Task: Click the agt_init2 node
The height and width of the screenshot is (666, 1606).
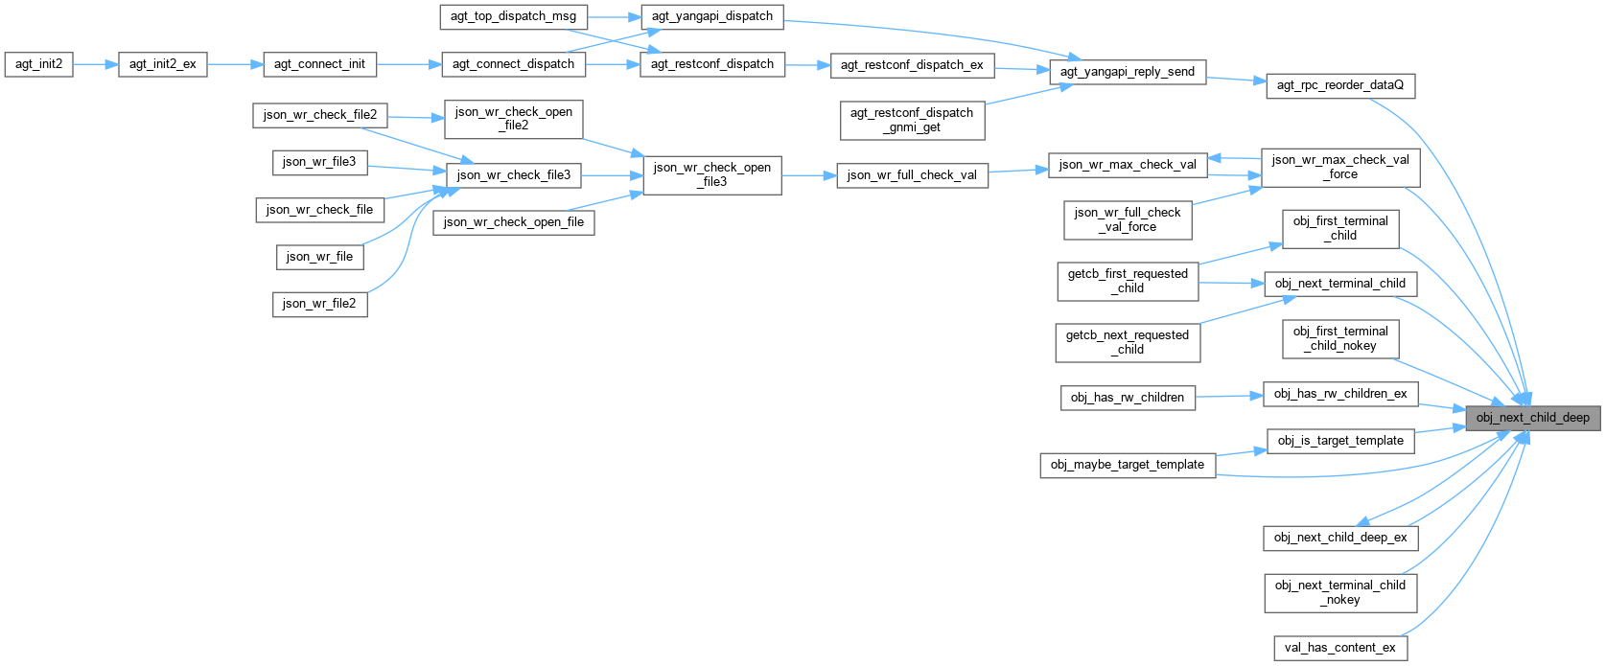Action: (38, 64)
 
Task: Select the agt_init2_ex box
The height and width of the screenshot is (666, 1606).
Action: (162, 64)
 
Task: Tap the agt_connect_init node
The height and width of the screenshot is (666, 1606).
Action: (319, 64)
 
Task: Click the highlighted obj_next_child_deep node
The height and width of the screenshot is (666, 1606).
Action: (1532, 418)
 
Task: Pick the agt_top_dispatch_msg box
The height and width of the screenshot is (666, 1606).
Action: (513, 16)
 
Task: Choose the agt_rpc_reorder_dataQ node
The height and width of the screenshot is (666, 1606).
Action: (1339, 85)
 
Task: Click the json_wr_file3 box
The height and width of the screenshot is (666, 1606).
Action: (319, 162)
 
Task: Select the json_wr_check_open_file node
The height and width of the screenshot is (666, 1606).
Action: (514, 222)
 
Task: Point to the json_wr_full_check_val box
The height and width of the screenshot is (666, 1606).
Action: (912, 175)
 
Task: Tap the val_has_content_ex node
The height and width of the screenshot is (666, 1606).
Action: (1339, 648)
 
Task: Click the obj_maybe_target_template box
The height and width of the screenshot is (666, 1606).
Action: (1127, 465)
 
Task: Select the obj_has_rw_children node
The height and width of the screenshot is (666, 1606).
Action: (1128, 398)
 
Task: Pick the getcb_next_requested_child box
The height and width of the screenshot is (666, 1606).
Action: (1127, 342)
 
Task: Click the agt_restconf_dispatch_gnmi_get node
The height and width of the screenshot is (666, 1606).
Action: (911, 120)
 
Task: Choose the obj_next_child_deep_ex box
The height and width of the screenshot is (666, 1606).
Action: (1339, 538)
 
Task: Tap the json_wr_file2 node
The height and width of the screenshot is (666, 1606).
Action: (319, 304)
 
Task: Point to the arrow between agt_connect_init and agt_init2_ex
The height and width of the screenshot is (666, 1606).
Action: (235, 64)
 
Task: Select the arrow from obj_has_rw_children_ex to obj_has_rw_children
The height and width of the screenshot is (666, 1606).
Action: (1229, 396)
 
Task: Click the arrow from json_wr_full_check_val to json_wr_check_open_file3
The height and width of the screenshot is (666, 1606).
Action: (809, 175)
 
